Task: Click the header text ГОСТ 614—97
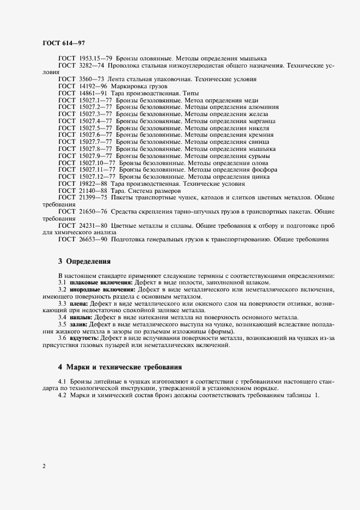(x=63, y=42)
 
